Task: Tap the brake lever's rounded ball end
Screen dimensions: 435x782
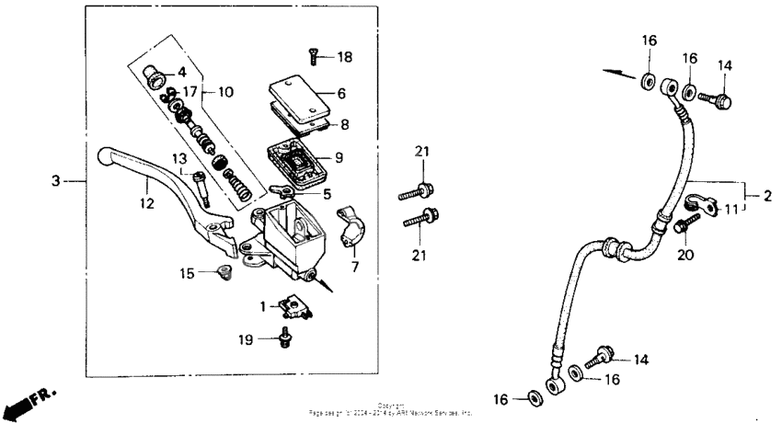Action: pos(103,157)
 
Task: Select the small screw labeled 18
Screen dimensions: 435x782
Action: pos(314,57)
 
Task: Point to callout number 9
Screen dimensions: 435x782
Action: pos(339,158)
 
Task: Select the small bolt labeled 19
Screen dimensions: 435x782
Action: pos(284,339)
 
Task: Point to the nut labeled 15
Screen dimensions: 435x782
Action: pos(222,271)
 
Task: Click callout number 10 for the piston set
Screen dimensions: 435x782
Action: pos(225,92)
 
